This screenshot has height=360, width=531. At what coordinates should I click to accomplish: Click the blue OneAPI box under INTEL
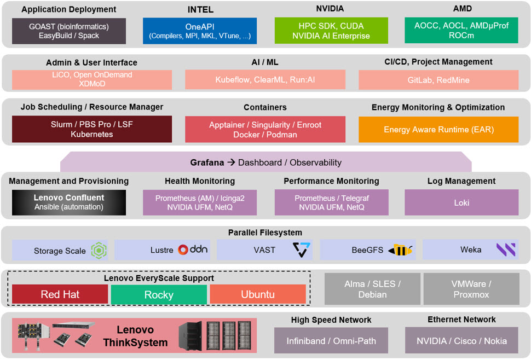(x=200, y=31)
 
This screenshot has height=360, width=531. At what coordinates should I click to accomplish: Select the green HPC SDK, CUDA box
(x=331, y=31)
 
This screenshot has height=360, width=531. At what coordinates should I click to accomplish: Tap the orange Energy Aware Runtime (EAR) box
(x=438, y=130)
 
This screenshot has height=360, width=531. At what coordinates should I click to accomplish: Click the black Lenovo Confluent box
(x=69, y=202)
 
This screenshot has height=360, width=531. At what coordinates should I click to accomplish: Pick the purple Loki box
(x=462, y=202)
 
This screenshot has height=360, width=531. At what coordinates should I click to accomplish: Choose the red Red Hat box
(x=60, y=294)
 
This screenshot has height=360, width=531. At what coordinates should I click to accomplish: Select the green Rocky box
(x=158, y=294)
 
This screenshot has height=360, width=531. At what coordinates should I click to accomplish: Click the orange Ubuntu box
(x=257, y=294)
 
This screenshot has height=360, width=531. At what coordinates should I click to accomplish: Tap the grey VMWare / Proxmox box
(x=471, y=289)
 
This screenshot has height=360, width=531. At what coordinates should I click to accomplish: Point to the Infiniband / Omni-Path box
(x=331, y=341)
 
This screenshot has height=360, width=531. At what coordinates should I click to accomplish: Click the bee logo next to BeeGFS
(x=400, y=251)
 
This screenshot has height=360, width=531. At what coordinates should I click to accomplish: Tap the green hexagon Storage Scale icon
(x=99, y=251)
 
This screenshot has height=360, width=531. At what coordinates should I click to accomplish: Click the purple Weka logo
(x=505, y=250)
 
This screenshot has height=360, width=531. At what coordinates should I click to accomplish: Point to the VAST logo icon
(x=301, y=250)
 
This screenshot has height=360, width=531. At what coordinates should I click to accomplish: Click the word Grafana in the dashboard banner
(x=207, y=162)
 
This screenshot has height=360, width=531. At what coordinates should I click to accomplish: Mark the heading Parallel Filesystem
(x=265, y=233)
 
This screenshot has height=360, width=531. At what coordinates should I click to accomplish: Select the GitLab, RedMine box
(x=438, y=80)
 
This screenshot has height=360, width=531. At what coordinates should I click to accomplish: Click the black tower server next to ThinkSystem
(x=190, y=335)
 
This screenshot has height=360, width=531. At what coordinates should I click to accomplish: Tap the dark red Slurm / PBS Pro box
(x=91, y=130)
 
